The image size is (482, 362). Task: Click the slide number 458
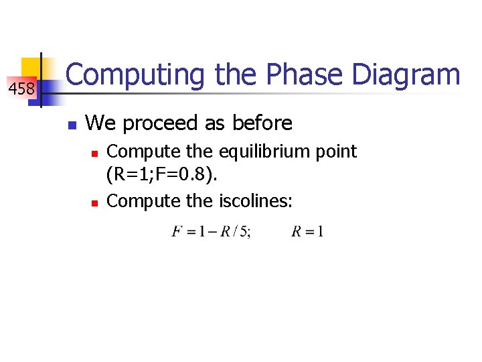(x=21, y=88)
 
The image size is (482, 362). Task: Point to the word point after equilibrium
(x=335, y=152)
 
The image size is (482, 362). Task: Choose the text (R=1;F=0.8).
(x=161, y=176)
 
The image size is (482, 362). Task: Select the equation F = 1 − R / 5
(x=211, y=233)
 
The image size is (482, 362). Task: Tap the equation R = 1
(x=308, y=233)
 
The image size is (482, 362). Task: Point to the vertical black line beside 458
(x=42, y=80)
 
